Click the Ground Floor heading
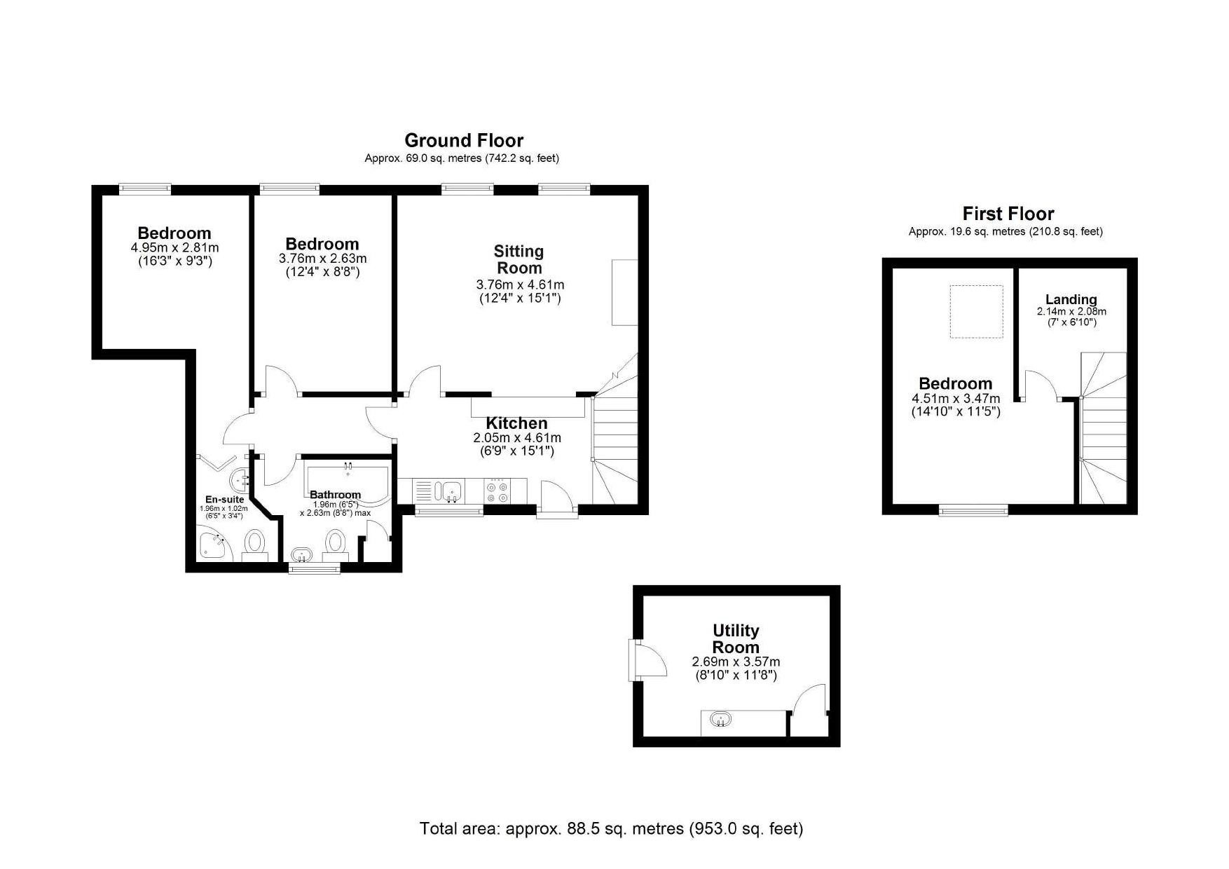463,140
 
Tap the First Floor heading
1008,214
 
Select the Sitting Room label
519,259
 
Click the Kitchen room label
516,423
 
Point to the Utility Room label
736,638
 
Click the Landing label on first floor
1071,299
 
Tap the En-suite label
224,500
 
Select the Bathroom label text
335,495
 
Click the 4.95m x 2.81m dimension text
174,247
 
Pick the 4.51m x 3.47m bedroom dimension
956,398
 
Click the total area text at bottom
611,828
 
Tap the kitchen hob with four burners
497,491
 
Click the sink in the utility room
721,720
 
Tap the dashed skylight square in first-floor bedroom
976,312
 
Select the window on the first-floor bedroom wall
973,510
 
